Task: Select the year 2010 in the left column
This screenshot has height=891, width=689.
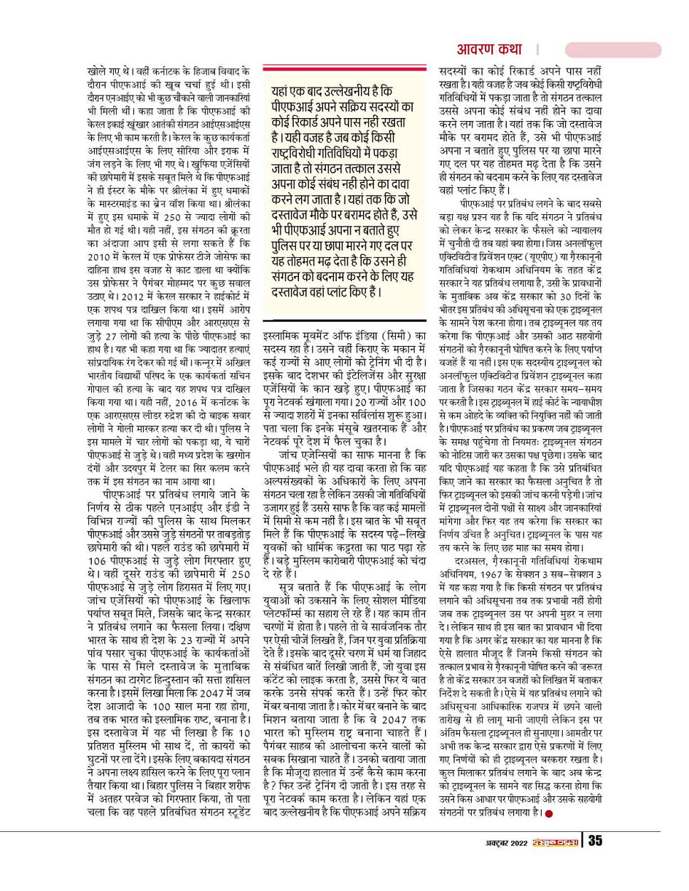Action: (97, 258)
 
